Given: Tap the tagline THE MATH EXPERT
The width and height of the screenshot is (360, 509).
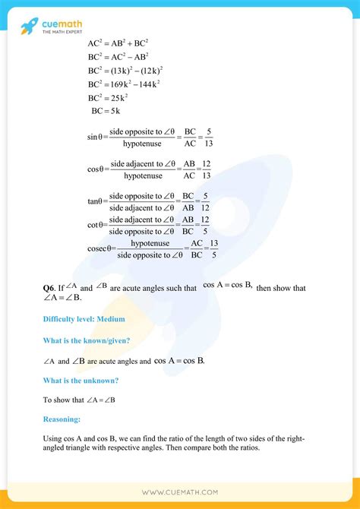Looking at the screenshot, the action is (62, 32).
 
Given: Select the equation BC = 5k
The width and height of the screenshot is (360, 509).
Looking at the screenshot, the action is (106, 111).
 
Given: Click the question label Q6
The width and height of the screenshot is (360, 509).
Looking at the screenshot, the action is (49, 289).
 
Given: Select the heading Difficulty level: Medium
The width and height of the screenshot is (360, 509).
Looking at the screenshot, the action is (84, 319).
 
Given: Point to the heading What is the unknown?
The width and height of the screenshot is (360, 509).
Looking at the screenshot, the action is (81, 380).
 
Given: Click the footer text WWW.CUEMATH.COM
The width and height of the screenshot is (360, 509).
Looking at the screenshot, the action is (180, 492).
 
